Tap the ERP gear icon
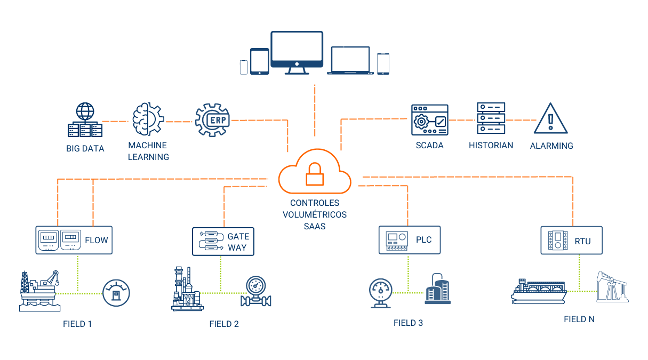click(x=212, y=120)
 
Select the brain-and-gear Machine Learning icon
click(x=148, y=118)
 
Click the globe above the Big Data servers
click(x=85, y=111)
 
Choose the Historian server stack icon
click(x=491, y=118)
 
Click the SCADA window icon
click(x=429, y=120)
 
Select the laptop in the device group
click(x=350, y=60)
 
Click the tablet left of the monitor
click(x=260, y=61)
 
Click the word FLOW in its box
click(x=97, y=240)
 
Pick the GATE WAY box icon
click(x=211, y=241)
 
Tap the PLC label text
click(x=424, y=239)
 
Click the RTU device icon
click(x=558, y=240)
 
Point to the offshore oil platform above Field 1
click(x=40, y=291)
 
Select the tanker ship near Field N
click(x=539, y=291)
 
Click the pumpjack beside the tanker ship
click(x=612, y=287)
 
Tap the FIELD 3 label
click(x=408, y=323)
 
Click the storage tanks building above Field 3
click(x=438, y=289)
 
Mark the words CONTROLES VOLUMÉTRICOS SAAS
click(x=315, y=214)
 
